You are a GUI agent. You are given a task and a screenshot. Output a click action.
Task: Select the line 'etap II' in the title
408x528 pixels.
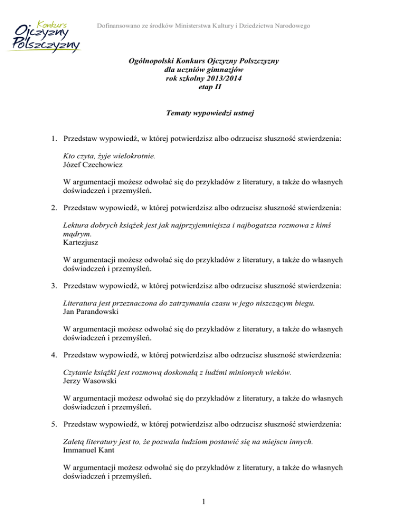(204, 87)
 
